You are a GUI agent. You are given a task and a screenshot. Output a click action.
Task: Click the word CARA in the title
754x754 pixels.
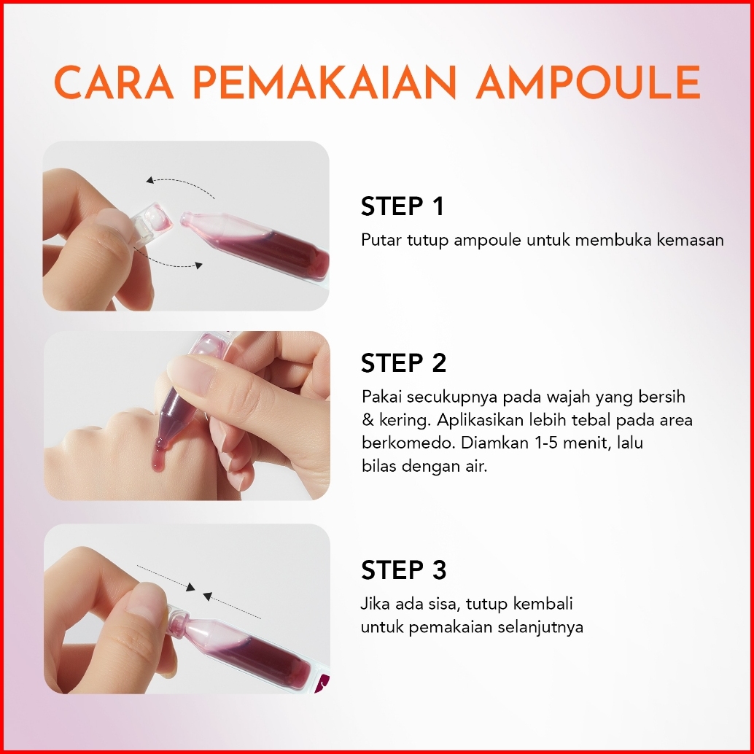click(x=114, y=82)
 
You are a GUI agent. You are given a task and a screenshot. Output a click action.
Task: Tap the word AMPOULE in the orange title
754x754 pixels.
click(x=588, y=82)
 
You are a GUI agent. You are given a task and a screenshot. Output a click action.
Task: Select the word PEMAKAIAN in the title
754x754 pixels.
click(x=324, y=82)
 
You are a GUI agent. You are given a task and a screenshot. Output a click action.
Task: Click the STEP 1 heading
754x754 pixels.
click(x=402, y=206)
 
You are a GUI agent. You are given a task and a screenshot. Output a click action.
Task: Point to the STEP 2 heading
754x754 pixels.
click(x=403, y=363)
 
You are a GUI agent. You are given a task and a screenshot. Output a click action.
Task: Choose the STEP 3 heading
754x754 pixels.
click(x=403, y=570)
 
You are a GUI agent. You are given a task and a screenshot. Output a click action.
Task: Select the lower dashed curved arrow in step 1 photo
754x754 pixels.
click(x=173, y=263)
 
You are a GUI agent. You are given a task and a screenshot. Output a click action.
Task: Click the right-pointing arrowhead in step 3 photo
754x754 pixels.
click(x=191, y=587)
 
